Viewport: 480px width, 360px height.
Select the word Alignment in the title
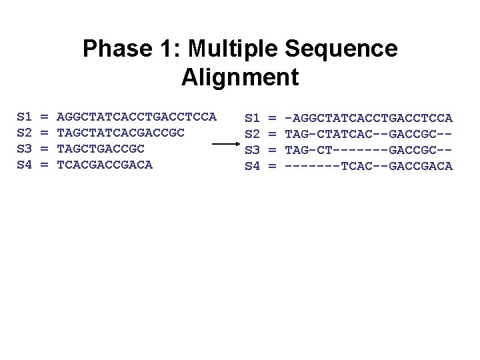click(240, 77)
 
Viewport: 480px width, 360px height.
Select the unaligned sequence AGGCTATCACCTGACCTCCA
click(137, 117)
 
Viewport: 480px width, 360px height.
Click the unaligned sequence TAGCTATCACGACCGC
click(121, 133)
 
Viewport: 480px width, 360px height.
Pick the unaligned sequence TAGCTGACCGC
click(101, 148)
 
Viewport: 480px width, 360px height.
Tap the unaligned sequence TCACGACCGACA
click(105, 164)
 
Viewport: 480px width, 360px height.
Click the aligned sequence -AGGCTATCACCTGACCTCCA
click(369, 118)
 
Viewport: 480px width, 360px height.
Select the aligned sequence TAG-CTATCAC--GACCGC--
click(369, 133)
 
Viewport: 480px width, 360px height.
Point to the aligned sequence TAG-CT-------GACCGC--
click(369, 149)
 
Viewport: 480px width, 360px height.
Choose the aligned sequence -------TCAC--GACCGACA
click(369, 165)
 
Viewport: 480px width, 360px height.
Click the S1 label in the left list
click(24, 117)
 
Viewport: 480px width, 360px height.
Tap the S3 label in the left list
click(24, 148)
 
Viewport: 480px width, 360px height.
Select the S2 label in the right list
click(252, 133)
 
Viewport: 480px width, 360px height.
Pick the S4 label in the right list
click(252, 165)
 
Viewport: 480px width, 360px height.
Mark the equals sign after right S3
click(272, 149)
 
